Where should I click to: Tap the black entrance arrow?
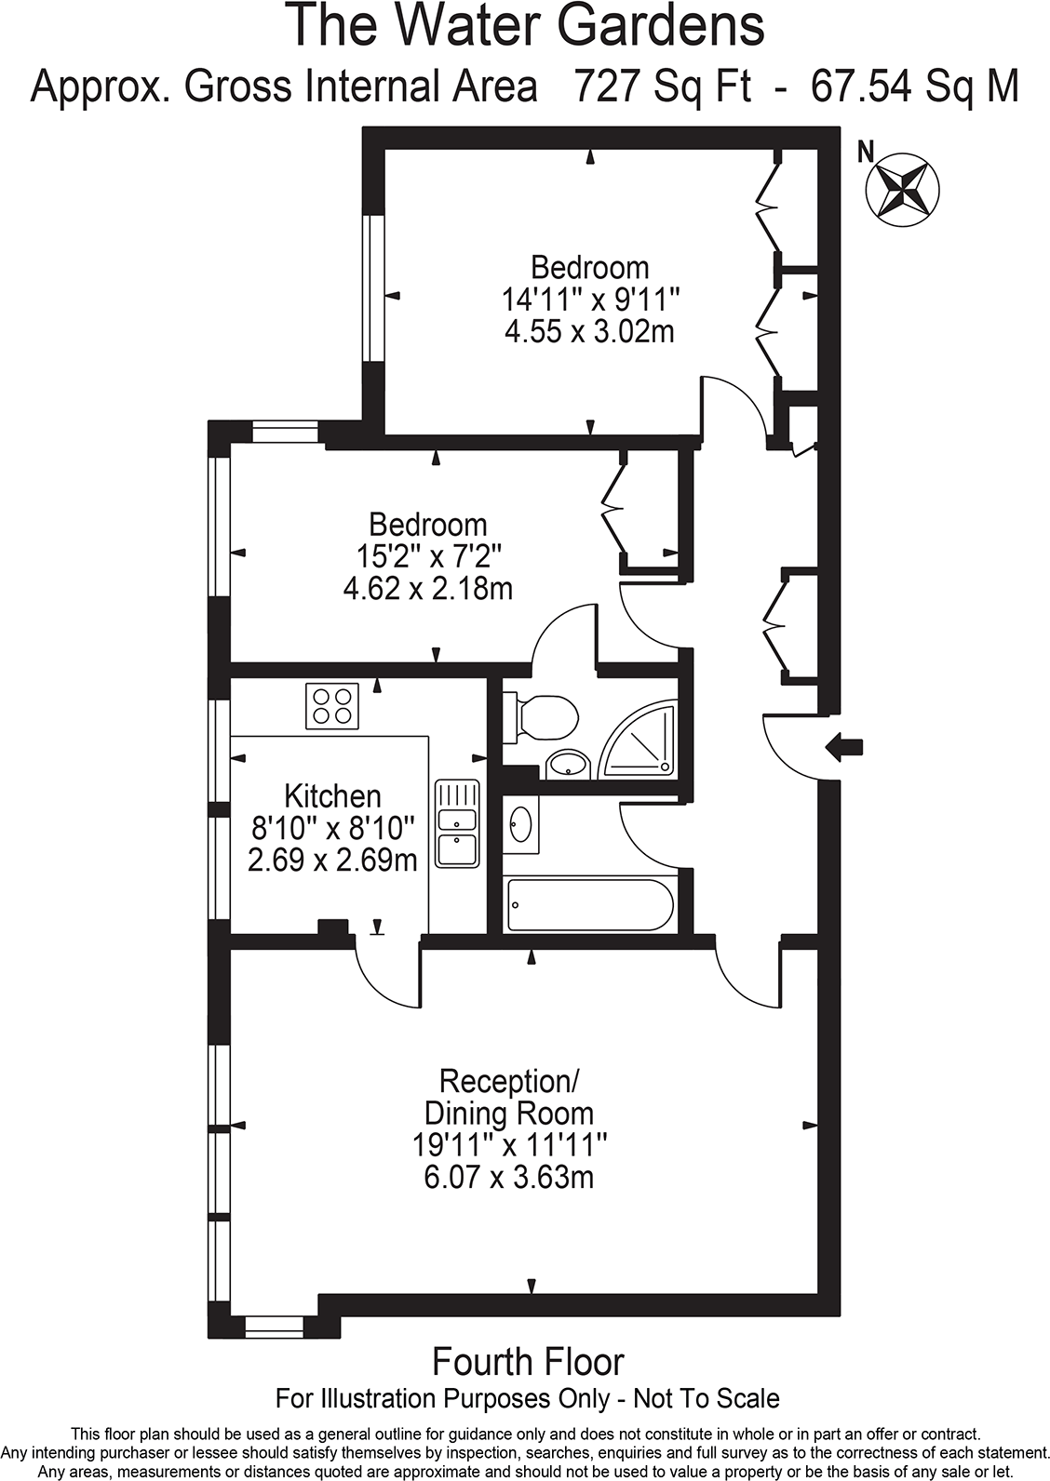[x=845, y=745]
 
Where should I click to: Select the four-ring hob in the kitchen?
[x=332, y=706]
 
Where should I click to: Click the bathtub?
[x=588, y=904]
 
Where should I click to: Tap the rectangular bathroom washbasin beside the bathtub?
[x=520, y=823]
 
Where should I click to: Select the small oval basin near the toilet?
[x=568, y=765]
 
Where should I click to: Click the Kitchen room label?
[x=332, y=796]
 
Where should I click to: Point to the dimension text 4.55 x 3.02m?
[x=589, y=331]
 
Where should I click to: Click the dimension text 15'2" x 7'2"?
[x=429, y=556]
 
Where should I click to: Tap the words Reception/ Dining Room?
[x=509, y=1097]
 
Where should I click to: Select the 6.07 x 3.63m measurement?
[x=509, y=1178]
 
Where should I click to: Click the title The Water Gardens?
[x=526, y=26]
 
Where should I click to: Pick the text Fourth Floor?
[x=528, y=1362]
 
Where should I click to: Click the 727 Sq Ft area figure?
[x=662, y=87]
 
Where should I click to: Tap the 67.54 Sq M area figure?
[x=915, y=87]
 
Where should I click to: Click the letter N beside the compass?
[x=866, y=151]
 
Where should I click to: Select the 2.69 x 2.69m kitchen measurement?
[x=332, y=860]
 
